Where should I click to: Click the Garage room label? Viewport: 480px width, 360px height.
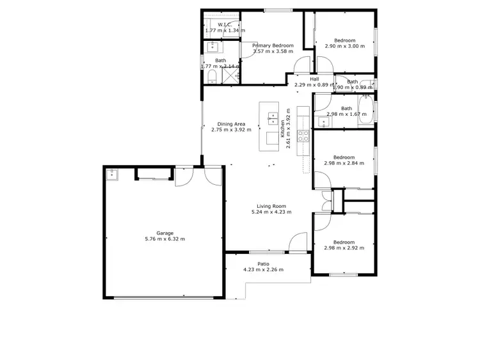(165, 233)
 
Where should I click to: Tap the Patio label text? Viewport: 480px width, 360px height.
(263, 263)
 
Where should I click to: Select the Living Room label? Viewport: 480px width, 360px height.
(269, 206)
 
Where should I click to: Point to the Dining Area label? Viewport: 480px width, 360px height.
(231, 124)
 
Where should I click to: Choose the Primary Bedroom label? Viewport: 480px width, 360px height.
(273, 45)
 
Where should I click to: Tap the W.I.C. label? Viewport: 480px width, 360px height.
(216, 24)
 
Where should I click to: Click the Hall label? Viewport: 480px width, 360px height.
(314, 79)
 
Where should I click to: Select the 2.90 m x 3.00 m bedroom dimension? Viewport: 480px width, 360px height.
(344, 46)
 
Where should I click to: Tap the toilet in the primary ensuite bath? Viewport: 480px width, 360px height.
(212, 77)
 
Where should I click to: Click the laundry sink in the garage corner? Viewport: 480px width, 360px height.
(113, 173)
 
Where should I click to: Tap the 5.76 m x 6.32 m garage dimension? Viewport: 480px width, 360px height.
(165, 239)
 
